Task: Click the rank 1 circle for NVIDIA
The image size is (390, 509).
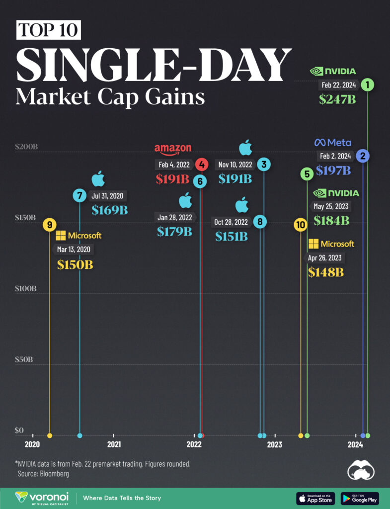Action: (367, 85)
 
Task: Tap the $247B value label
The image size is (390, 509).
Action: (337, 99)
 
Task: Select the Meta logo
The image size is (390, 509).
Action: (332, 143)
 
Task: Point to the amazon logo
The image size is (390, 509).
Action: (173, 149)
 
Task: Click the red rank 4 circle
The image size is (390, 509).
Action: (201, 164)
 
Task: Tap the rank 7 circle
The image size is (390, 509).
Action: (79, 196)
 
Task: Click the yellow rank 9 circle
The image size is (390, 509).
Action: (49, 225)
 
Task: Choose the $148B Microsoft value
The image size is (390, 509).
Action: (326, 272)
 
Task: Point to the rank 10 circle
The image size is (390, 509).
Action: (300, 225)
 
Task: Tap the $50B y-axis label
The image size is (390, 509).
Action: (24, 359)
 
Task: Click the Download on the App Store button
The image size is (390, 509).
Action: (315, 498)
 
